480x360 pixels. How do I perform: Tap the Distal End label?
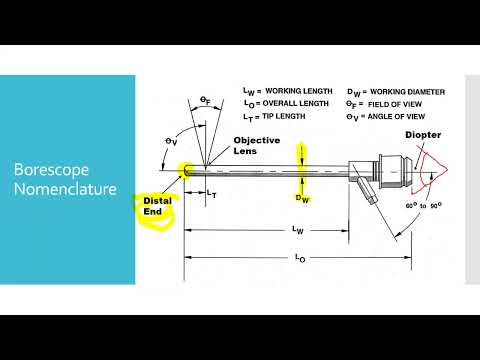coord(154,205)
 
